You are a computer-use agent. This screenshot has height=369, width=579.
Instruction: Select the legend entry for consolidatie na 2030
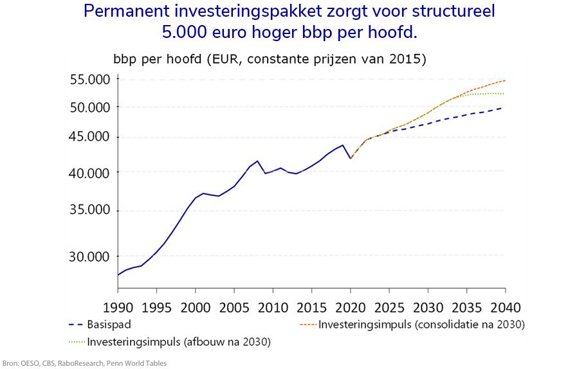click(422, 324)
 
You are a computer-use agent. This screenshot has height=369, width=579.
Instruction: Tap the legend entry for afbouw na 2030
click(179, 342)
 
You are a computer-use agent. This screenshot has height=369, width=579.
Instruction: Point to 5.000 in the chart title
click(191, 32)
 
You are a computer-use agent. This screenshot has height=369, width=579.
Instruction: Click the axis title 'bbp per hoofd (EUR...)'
click(270, 60)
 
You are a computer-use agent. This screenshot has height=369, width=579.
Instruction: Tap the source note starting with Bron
click(84, 363)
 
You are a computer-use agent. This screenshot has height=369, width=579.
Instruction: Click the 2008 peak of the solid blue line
click(257, 161)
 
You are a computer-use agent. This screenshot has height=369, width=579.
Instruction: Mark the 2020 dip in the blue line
click(350, 158)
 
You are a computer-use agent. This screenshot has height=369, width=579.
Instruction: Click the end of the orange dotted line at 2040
click(504, 80)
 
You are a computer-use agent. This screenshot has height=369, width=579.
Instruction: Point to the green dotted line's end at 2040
click(504, 94)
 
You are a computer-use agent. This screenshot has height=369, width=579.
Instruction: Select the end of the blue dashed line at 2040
click(504, 107)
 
